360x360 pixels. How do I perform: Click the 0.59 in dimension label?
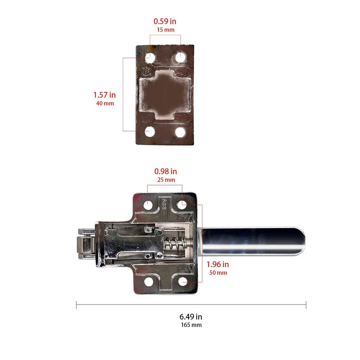[165, 21]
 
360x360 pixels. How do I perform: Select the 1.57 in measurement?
[104, 95]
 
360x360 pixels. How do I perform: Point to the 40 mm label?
[104, 103]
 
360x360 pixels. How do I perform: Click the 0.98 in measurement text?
[166, 171]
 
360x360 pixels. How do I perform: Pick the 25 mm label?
[166, 180]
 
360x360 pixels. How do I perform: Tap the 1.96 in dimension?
[218, 264]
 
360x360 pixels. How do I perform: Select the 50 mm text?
[218, 273]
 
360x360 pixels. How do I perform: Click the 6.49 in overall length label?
[191, 317]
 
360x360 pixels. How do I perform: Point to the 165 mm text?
[191, 325]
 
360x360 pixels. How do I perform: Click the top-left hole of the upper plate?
[150, 58]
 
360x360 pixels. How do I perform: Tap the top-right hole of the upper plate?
[180, 58]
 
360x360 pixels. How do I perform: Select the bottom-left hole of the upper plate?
[150, 132]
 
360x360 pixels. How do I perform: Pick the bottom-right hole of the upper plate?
[180, 132]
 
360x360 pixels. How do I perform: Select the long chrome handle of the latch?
[252, 242]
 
